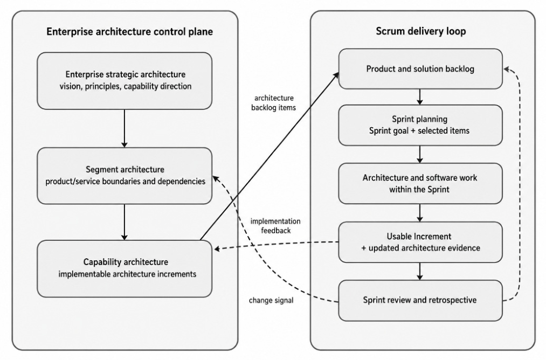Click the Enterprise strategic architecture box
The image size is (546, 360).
point(125,81)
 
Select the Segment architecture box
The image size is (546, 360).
point(125,176)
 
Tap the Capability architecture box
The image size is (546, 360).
point(125,268)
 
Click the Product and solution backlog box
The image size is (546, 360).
point(420,69)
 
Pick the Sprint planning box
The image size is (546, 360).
point(420,125)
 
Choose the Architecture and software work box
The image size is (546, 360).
point(420,183)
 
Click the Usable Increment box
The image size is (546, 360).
point(420,242)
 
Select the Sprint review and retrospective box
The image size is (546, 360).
point(420,301)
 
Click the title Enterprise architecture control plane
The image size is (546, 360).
point(129,32)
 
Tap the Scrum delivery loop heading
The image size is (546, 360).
point(420,31)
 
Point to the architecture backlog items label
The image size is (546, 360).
point(273,103)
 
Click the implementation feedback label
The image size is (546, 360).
point(275,226)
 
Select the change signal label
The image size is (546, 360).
point(271,300)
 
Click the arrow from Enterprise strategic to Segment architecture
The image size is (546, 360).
point(125,128)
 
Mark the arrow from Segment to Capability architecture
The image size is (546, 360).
point(125,222)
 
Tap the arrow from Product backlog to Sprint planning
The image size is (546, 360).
point(419,97)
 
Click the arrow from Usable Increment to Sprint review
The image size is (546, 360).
point(419,271)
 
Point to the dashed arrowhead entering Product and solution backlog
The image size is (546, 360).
point(507,70)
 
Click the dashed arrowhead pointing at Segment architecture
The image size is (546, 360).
point(216,178)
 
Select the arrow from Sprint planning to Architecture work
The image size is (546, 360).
point(419,154)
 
